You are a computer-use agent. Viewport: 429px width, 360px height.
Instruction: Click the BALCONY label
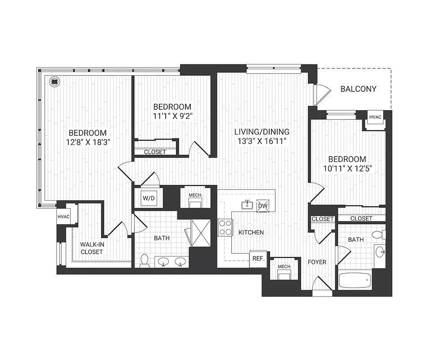tap(358, 89)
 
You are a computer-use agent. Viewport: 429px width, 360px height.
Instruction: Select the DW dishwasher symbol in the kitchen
tap(262, 206)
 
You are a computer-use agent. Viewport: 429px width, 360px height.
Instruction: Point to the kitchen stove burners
tap(225, 228)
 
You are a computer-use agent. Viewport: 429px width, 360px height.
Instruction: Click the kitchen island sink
tap(247, 206)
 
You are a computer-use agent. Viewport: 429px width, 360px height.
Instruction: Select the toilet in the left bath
tap(145, 261)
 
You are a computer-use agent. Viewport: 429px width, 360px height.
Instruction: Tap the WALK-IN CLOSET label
tap(92, 248)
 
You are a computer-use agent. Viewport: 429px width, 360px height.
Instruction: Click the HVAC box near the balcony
tap(375, 118)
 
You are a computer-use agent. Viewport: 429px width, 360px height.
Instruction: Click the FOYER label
tap(316, 262)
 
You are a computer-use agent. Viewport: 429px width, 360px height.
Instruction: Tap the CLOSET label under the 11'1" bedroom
tap(155, 152)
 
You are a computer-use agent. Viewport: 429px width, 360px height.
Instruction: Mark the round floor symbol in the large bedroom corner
tap(55, 81)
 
